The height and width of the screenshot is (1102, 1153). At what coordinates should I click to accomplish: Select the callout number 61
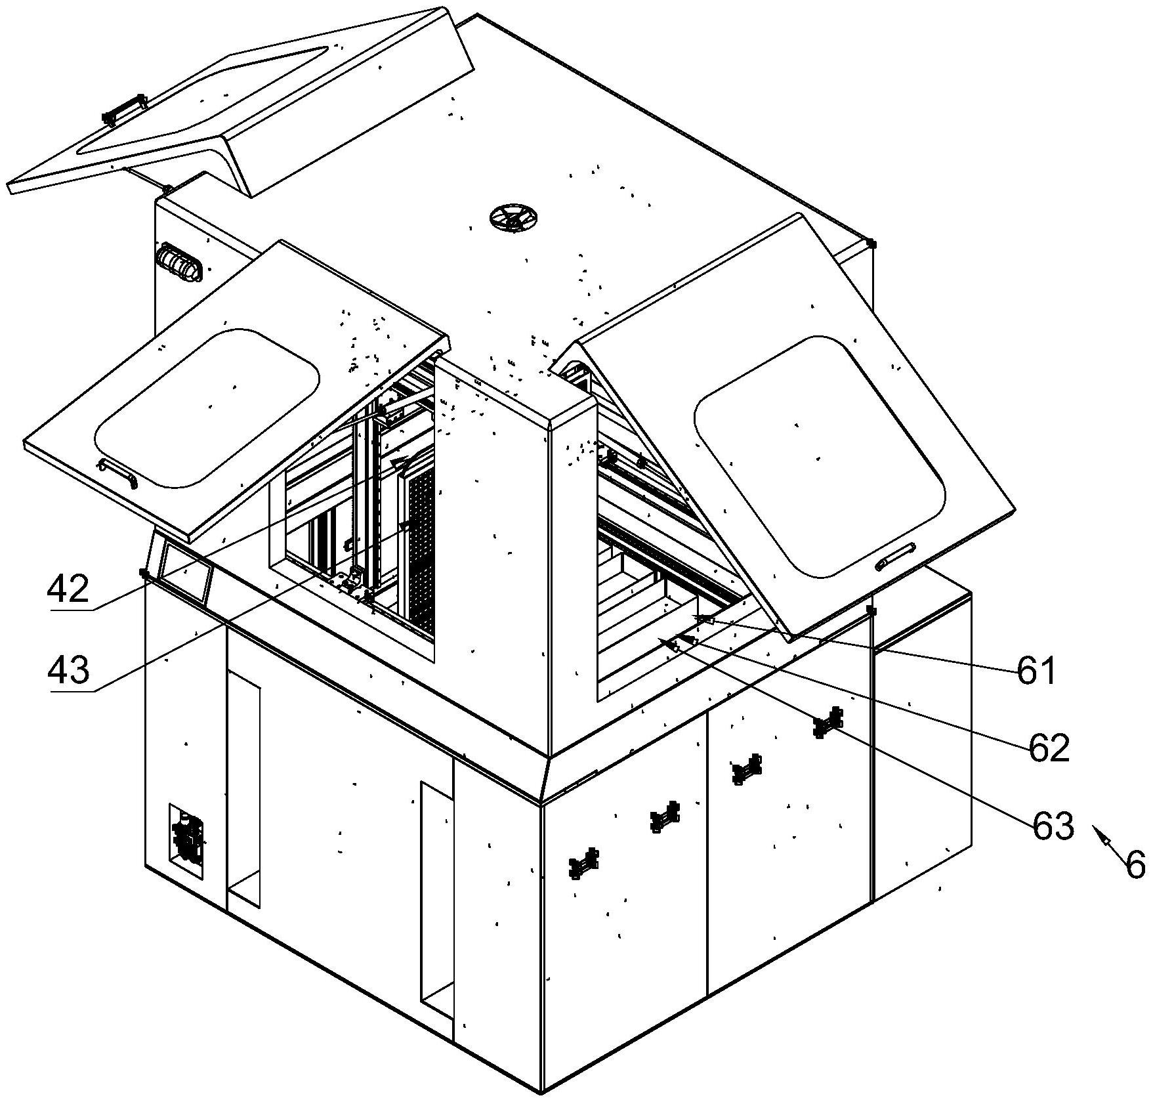click(1036, 671)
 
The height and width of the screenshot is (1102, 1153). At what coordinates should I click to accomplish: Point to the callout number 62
click(1049, 748)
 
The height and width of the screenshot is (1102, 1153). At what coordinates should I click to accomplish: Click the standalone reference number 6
click(1135, 865)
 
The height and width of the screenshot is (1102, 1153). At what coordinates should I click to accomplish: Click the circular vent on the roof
click(513, 218)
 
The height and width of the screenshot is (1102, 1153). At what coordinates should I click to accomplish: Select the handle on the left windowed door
click(118, 472)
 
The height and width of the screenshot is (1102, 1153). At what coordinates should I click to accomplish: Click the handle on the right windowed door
click(896, 556)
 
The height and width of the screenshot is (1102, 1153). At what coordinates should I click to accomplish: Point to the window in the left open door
click(207, 408)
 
